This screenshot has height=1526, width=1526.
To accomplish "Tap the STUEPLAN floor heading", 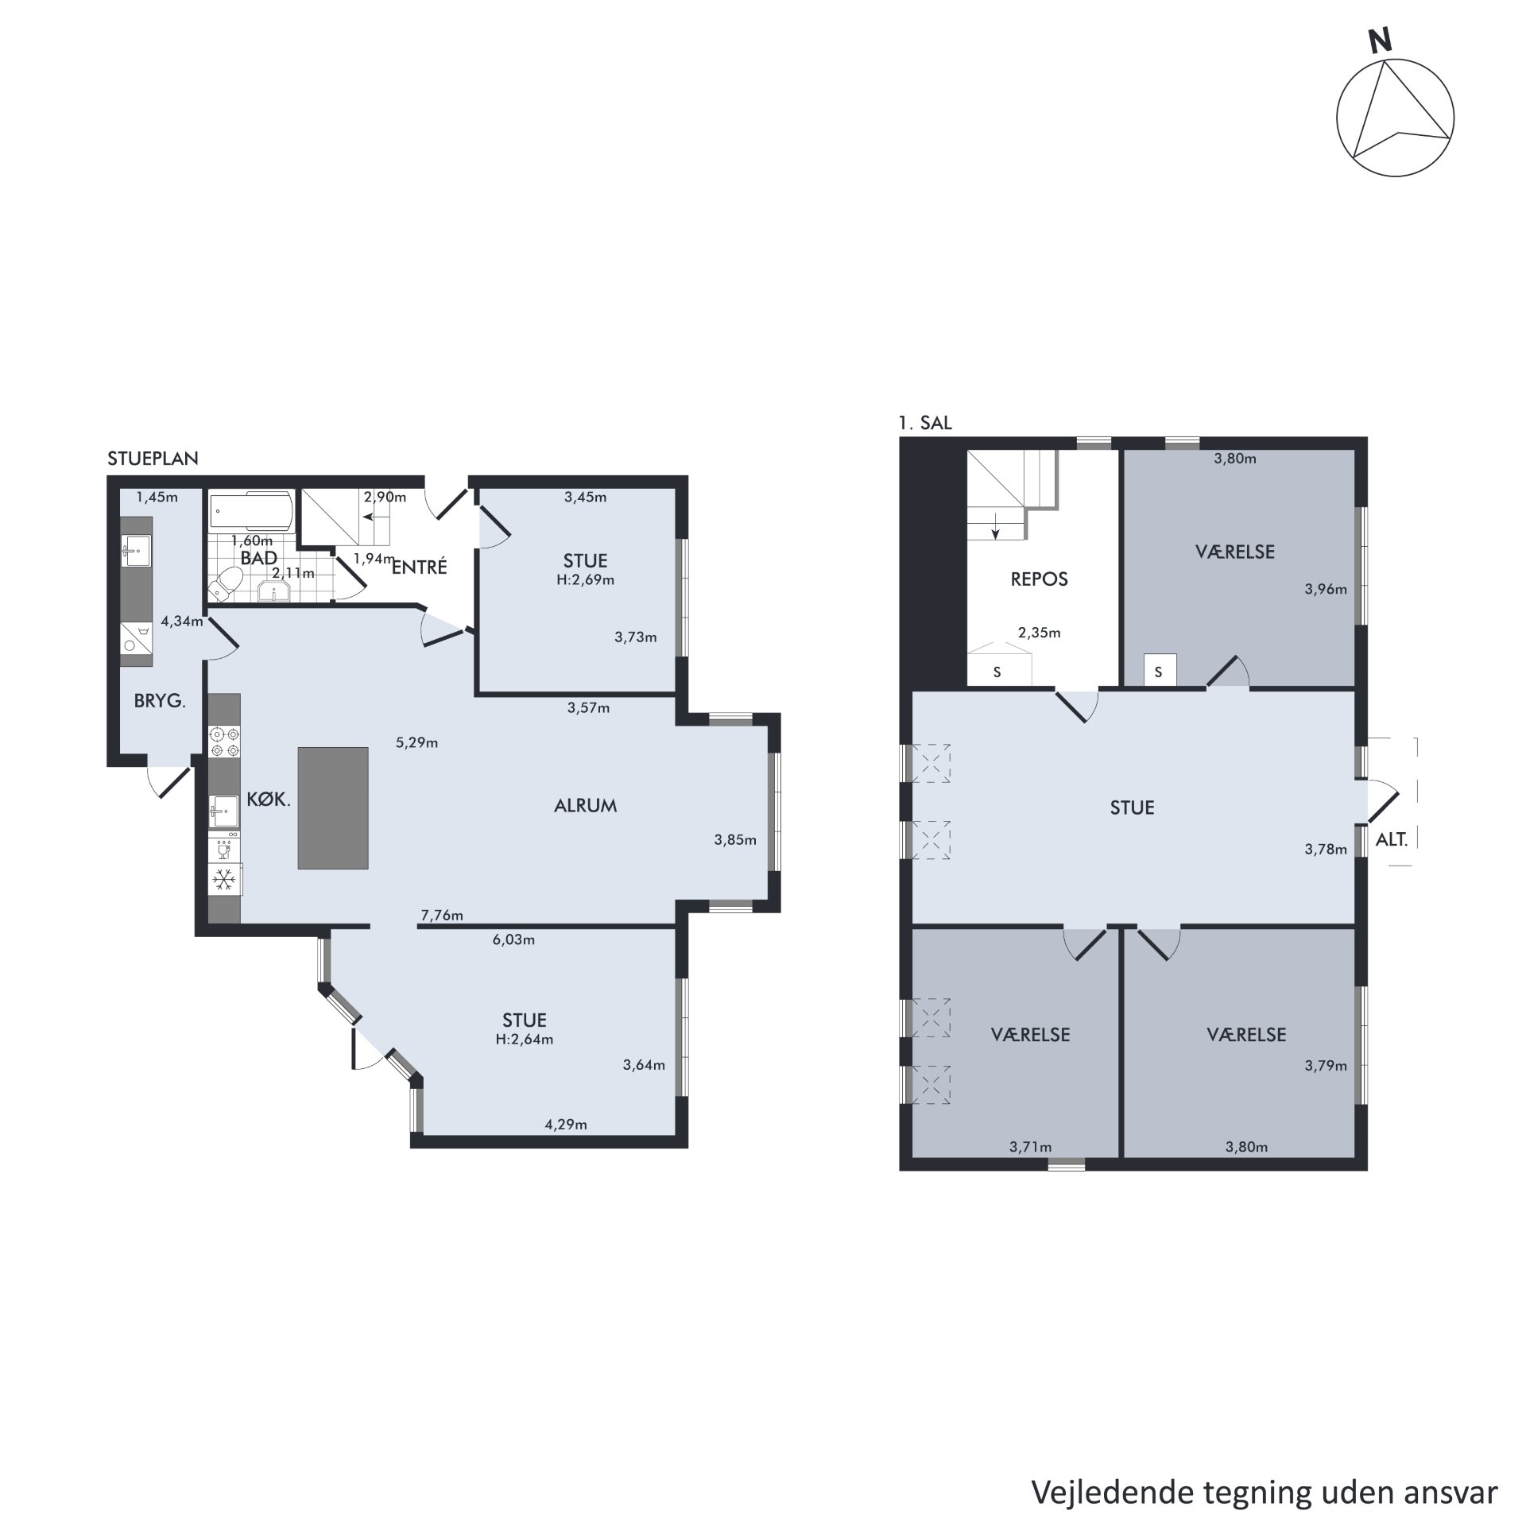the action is pos(153,459).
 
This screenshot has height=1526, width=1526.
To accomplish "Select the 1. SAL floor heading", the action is pos(925,424).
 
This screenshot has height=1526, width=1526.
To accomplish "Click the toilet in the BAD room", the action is pos(223,583).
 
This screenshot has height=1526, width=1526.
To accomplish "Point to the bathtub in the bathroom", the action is pos(250,511).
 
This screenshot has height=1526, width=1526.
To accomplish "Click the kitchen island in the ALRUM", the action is pos(333,808).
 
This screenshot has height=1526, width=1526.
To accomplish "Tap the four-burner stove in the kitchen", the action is pos(224,742).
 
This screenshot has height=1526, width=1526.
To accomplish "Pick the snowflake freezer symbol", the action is pos(226,880).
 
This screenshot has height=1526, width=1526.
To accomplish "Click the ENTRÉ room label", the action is pos(420,567).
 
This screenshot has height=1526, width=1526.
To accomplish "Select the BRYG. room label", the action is pos(160,702).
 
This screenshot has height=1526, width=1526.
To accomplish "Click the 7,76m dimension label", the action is pos(442,916).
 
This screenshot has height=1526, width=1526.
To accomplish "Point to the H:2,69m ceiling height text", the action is pos(585,579).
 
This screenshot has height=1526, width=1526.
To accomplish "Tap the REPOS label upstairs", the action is pos(1040,579).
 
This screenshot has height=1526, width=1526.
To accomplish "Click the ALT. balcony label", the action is pos(1392,839).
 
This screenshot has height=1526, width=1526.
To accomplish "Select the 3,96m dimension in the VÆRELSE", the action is pos(1326,589).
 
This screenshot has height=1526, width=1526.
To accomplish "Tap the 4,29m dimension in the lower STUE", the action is pos(566,1125).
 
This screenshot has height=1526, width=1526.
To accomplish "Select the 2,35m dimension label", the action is pos(1040,633).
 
